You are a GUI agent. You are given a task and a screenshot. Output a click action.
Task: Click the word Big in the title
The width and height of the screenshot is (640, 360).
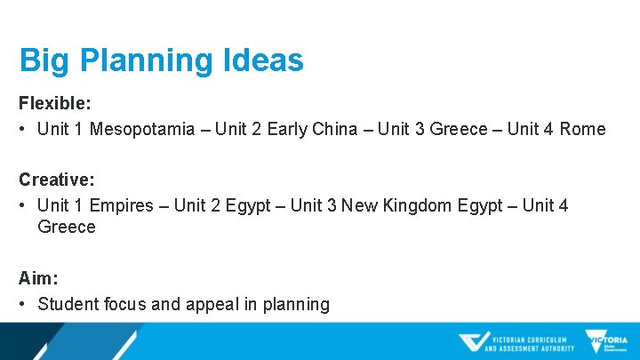pyautogui.click(x=44, y=60)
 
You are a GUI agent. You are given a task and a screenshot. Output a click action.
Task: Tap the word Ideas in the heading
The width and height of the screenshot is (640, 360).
pyautogui.click(x=265, y=60)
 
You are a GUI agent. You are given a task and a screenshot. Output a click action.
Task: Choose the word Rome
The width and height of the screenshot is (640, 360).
pyautogui.click(x=582, y=130)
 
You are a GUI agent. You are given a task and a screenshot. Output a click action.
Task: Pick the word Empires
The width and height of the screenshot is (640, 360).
pyautogui.click(x=121, y=206)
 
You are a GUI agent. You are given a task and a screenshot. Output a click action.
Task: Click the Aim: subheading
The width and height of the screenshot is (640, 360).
pyautogui.click(x=36, y=277)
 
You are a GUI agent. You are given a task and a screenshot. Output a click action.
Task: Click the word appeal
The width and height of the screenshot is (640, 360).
pyautogui.click(x=212, y=304)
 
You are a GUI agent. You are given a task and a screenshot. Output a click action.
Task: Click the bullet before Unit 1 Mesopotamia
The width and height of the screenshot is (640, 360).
pyautogui.click(x=23, y=130)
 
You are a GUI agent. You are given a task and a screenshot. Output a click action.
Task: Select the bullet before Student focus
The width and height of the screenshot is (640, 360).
pyautogui.click(x=23, y=304)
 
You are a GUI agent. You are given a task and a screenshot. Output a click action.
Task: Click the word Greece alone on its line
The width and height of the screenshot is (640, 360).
pyautogui.click(x=66, y=228)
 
